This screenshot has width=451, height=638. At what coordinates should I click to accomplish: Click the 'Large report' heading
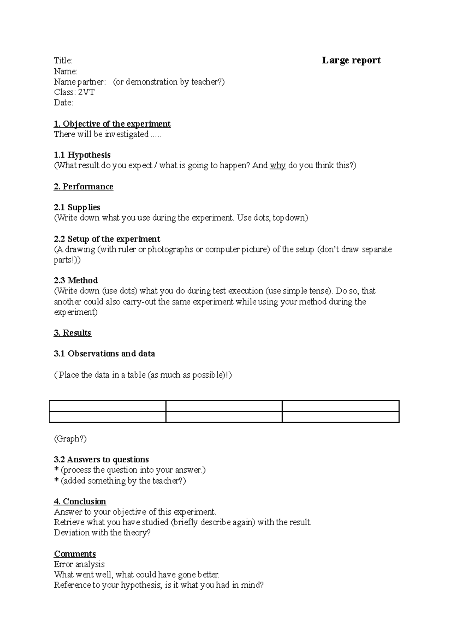pyautogui.click(x=351, y=60)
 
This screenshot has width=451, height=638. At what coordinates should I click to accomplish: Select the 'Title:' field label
pyautogui.click(x=63, y=61)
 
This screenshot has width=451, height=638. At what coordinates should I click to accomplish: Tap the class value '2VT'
pyautogui.click(x=86, y=92)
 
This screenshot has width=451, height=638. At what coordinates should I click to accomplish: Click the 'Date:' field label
pyautogui.click(x=64, y=103)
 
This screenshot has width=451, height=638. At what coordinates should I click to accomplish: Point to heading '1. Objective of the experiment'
pyautogui.click(x=112, y=124)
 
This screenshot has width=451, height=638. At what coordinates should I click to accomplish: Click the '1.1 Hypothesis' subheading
pyautogui.click(x=82, y=155)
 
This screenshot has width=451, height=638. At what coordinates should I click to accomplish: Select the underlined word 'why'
pyautogui.click(x=278, y=166)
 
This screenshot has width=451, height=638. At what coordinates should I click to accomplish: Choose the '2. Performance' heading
pyautogui.click(x=83, y=187)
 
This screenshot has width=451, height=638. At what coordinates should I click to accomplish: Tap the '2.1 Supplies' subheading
pyautogui.click(x=77, y=207)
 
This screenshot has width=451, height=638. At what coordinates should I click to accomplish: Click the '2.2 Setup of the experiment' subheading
pyautogui.click(x=107, y=239)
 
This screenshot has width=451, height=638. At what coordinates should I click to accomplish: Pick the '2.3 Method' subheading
pyautogui.click(x=76, y=281)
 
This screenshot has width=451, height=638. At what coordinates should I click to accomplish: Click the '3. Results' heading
pyautogui.click(x=73, y=333)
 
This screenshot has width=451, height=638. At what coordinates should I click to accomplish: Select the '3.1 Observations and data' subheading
pyautogui.click(x=104, y=354)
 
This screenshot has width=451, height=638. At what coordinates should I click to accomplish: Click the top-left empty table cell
pyautogui.click(x=107, y=406)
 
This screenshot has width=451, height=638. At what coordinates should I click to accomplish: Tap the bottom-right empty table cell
pyautogui.click(x=340, y=417)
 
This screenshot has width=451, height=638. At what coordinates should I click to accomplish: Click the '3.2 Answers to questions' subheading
pyautogui.click(x=101, y=460)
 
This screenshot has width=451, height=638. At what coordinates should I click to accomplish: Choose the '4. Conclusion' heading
pyautogui.click(x=80, y=502)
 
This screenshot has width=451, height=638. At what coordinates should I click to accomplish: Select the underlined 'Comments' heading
pyautogui.click(x=75, y=554)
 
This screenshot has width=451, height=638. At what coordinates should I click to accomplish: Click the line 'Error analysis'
pyautogui.click(x=79, y=564)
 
